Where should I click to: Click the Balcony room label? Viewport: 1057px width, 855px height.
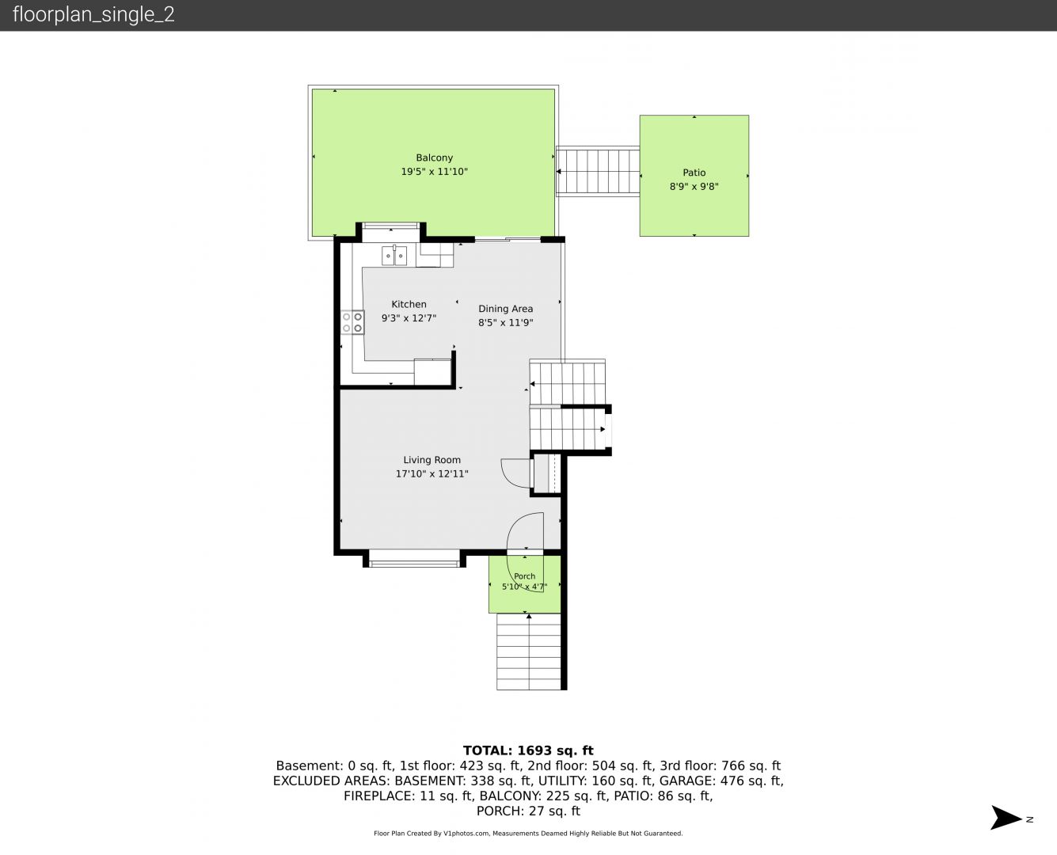[x=434, y=158]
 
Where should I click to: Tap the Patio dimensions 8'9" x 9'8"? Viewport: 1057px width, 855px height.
[x=694, y=187]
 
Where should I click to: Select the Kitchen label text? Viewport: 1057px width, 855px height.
[x=409, y=304]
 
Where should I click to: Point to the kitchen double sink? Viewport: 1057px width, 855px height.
[x=394, y=256]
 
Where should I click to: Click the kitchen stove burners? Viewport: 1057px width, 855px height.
[x=352, y=322]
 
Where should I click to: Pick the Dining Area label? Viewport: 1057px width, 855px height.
[x=505, y=309]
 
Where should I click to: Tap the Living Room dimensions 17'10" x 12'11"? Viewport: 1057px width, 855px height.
[x=432, y=474]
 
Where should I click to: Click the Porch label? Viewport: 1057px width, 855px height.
[x=524, y=576]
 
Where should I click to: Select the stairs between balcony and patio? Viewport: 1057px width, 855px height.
[x=598, y=171]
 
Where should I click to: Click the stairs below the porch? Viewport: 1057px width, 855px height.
[x=529, y=652]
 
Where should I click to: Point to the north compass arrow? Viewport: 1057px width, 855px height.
[x=1006, y=817]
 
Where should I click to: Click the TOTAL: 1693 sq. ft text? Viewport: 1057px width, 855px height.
[x=528, y=750]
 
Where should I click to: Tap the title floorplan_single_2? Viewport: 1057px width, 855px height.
[x=93, y=15]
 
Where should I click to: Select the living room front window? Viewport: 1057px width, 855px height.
[x=414, y=558]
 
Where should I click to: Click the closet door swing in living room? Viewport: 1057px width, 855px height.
[x=516, y=473]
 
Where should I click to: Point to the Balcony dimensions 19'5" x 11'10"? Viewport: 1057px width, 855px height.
[x=434, y=172]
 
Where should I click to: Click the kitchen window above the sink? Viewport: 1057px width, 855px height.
[x=390, y=226]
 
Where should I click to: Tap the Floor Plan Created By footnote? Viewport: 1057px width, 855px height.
[x=528, y=833]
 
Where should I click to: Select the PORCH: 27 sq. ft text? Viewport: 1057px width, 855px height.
[x=528, y=811]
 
